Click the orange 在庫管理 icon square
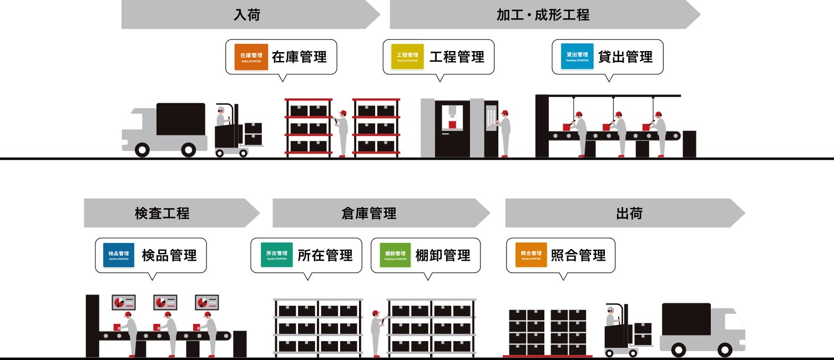251,57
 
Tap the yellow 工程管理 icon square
407,57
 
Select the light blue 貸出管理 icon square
577,57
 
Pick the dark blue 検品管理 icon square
118,255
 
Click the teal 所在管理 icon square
276,255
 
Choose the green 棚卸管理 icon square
395,255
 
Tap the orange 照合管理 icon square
531,255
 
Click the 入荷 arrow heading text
247,15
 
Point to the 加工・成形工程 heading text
543,15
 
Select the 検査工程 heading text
162,214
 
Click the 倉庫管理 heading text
369,214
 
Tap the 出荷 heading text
629,214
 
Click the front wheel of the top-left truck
143,150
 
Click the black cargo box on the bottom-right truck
686,319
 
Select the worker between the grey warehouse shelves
377,332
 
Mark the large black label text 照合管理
578,256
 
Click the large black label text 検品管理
169,256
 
